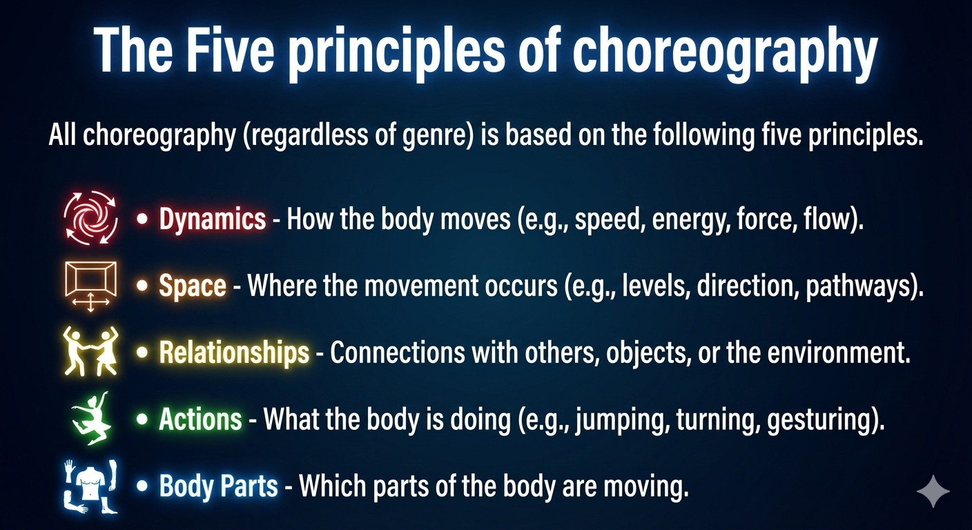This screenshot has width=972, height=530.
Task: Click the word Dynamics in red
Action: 212,219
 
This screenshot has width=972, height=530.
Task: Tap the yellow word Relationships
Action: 233,353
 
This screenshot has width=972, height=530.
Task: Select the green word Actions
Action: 200,419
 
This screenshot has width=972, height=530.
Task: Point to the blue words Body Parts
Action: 218,486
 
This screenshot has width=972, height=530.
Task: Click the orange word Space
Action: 192,286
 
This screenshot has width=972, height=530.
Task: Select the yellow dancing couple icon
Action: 90,351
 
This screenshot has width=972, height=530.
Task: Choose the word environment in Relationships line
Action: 840,353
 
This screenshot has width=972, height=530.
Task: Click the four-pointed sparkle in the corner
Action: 933,491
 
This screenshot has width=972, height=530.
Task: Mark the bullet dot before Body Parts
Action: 143,486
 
